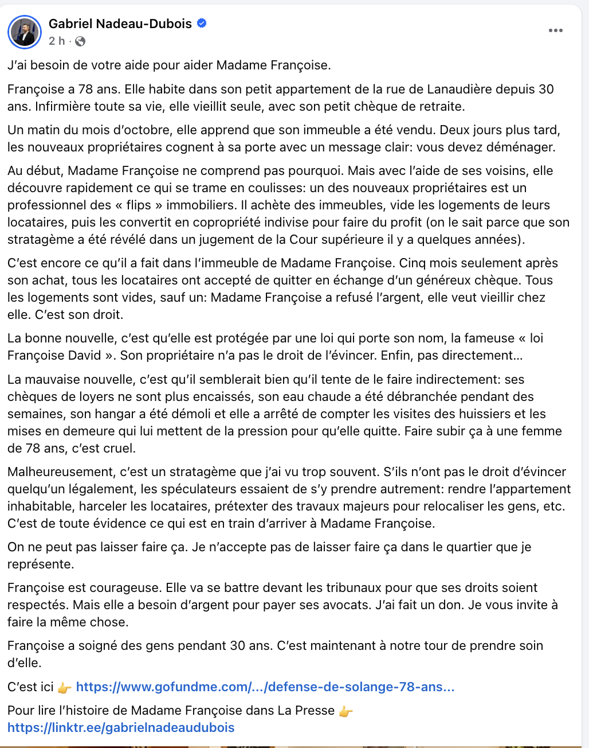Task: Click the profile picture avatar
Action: pyautogui.click(x=25, y=32)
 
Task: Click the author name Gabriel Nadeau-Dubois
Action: pyautogui.click(x=120, y=24)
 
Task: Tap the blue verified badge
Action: pyautogui.click(x=202, y=24)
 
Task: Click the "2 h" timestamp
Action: pyautogui.click(x=57, y=41)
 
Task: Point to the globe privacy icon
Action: pyautogui.click(x=80, y=41)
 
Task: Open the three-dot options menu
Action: pyautogui.click(x=555, y=30)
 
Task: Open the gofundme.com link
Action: pyautogui.click(x=265, y=687)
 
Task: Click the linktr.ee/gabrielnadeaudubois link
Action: pyautogui.click(x=121, y=727)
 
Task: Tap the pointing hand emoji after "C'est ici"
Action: pyautogui.click(x=65, y=687)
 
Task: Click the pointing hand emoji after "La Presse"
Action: pyautogui.click(x=345, y=711)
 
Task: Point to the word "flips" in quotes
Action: pyautogui.click(x=139, y=205)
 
